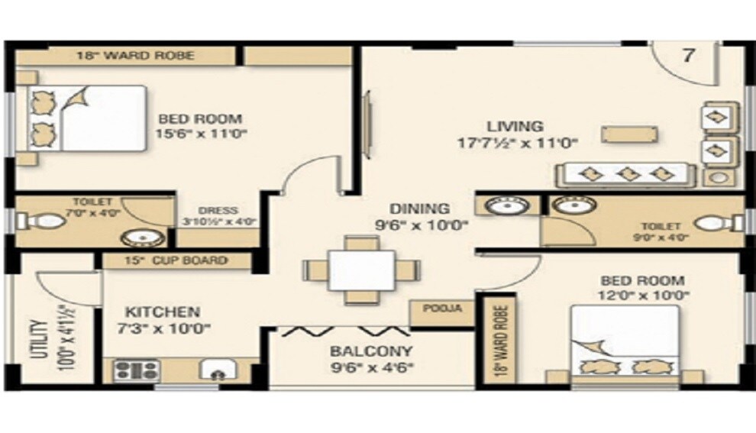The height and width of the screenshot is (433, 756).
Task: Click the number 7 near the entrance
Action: click(689, 57)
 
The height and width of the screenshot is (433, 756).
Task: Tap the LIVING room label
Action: click(516, 126)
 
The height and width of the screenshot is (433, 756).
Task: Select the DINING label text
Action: click(419, 208)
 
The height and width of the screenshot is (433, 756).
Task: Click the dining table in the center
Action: click(361, 270)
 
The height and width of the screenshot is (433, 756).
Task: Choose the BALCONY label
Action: click(371, 352)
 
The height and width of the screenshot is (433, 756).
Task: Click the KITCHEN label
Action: click(163, 312)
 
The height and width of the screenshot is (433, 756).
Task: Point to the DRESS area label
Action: click(218, 211)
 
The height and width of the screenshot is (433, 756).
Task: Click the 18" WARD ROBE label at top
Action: click(135, 56)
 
